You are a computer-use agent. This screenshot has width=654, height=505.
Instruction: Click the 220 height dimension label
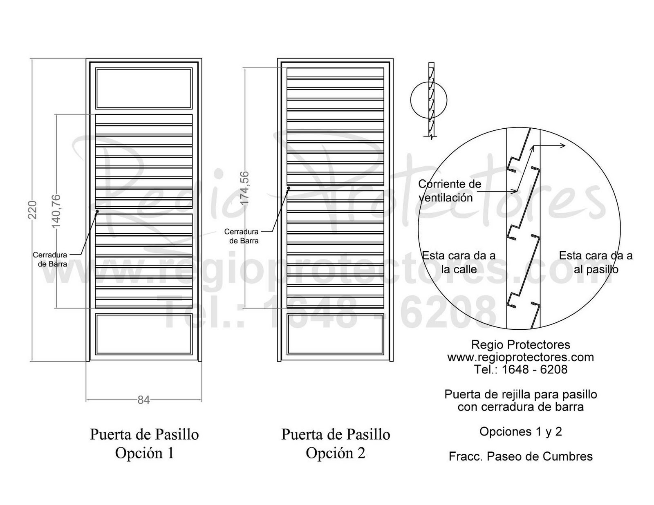click(x=33, y=210)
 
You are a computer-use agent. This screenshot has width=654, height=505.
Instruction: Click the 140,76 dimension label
click(x=56, y=211)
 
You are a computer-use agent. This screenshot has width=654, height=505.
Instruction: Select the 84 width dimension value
click(x=143, y=400)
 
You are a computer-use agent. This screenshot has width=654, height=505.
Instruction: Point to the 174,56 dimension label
click(x=244, y=188)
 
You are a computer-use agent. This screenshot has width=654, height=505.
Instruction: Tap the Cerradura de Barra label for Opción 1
click(x=50, y=259)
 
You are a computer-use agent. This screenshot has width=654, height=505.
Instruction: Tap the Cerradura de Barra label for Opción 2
click(x=241, y=236)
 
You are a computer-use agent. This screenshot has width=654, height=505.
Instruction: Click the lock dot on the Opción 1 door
click(x=97, y=211)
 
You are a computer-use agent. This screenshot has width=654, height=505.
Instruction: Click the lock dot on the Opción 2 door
click(x=289, y=188)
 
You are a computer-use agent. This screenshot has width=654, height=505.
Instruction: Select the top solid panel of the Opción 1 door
click(x=143, y=88)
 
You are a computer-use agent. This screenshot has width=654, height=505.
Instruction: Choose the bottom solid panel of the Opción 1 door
click(x=143, y=334)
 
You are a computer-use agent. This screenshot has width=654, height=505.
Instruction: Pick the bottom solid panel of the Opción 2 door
click(x=335, y=334)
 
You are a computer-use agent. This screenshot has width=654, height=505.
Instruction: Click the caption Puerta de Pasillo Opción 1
click(x=144, y=443)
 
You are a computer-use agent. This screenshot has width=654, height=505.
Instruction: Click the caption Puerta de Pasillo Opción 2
click(x=336, y=443)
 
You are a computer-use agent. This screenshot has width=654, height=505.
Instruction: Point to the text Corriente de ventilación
click(x=449, y=191)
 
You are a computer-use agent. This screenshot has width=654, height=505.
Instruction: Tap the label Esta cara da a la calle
click(x=459, y=262)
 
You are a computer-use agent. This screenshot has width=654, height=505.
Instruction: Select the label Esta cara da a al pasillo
click(x=596, y=262)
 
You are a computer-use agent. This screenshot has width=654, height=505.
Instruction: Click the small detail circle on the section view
click(x=428, y=100)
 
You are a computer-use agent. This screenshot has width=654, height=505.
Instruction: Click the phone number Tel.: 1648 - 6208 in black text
click(x=520, y=369)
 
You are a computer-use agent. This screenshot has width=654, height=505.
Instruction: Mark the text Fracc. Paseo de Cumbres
click(x=520, y=456)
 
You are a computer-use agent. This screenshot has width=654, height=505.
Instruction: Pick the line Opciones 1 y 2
click(x=520, y=431)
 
